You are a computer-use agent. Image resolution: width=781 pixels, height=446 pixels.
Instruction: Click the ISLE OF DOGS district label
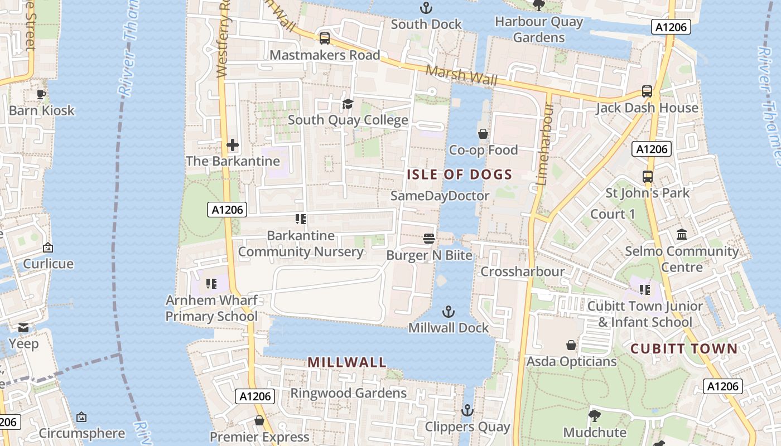459,174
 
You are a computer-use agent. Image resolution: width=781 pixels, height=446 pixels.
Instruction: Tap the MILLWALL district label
347,362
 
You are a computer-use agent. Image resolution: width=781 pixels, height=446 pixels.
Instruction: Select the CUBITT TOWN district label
684,349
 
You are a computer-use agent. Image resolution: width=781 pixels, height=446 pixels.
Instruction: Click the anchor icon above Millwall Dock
448,312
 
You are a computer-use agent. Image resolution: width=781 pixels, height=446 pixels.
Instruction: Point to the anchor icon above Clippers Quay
467,411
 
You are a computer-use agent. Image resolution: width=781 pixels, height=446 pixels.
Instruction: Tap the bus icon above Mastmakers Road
324,38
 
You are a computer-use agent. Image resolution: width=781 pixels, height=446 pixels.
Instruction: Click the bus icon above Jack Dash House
647,91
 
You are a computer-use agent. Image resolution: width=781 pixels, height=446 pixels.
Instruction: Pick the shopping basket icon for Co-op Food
483,134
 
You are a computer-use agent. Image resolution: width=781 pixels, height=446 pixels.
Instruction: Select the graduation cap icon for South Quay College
348,104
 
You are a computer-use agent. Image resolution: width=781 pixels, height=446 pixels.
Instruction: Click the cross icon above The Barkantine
233,146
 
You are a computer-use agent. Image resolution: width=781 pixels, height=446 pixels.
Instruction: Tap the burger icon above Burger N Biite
429,239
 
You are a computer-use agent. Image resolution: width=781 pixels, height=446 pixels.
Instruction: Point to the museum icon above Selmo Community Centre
681,234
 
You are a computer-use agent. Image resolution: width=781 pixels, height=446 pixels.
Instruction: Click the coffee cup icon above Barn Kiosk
41,94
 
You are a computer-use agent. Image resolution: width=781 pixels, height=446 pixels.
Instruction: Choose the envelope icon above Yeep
23,327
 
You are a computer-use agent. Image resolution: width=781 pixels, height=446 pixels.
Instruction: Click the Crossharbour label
522,272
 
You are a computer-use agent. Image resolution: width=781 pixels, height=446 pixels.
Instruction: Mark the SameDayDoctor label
440,196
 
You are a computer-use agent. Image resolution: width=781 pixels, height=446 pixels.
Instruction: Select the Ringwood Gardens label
348,393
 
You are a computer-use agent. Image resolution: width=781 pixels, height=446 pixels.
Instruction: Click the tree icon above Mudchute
594,415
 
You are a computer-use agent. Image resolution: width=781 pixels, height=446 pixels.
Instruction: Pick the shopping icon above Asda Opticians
571,345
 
